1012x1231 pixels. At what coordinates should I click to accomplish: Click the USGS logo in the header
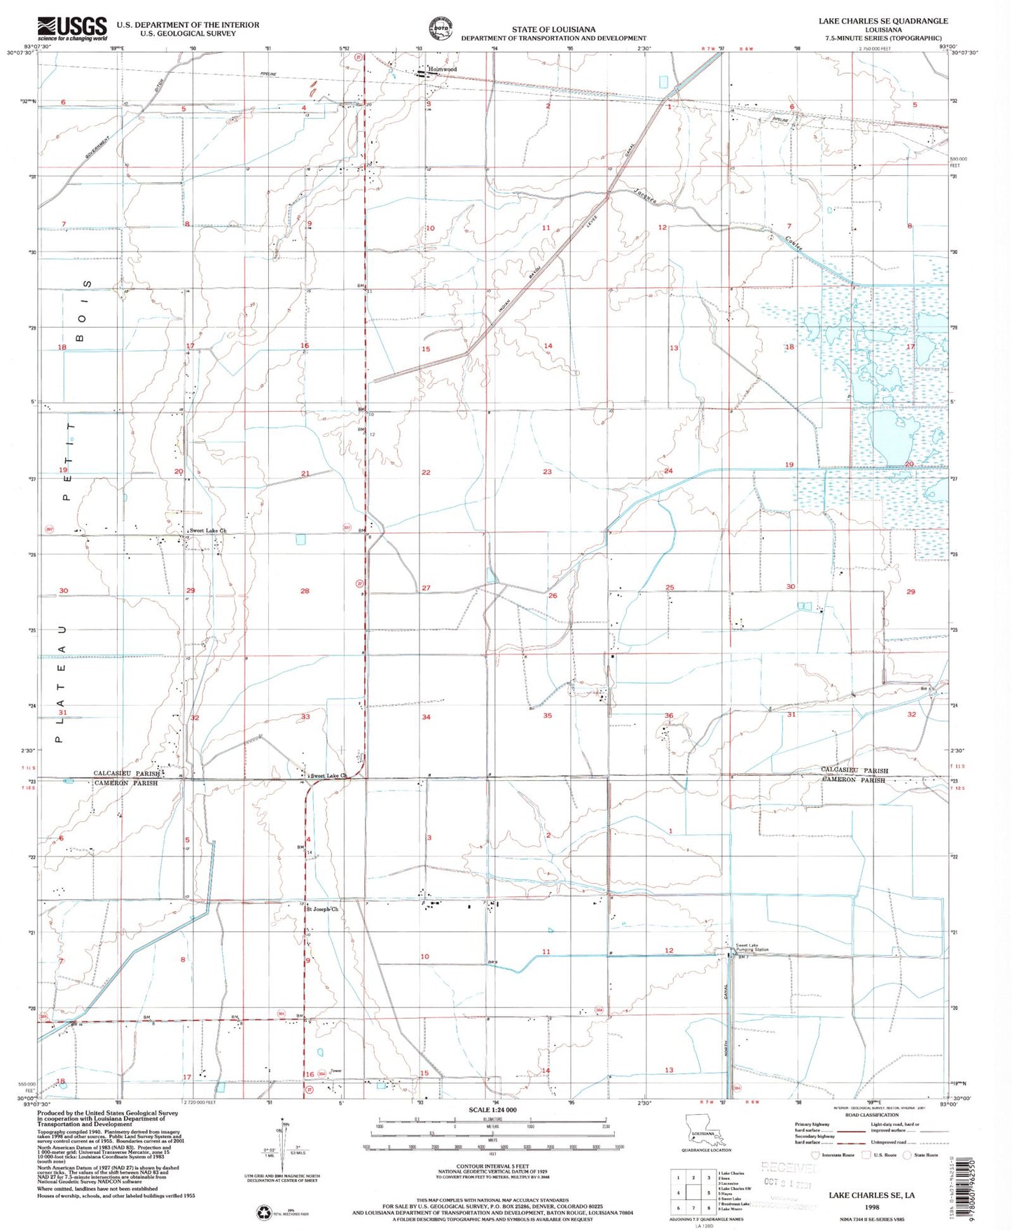pyautogui.click(x=71, y=29)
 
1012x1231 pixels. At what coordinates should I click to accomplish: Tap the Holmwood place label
pyautogui.click(x=443, y=69)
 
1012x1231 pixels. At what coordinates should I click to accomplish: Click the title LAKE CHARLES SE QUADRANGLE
pyautogui.click(x=882, y=21)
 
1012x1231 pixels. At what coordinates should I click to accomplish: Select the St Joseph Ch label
pyautogui.click(x=322, y=909)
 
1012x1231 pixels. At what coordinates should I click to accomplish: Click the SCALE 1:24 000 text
pyautogui.click(x=492, y=1110)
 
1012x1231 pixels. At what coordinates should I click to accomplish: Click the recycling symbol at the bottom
pyautogui.click(x=265, y=1211)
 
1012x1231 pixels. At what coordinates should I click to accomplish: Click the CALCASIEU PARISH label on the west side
pyautogui.click(x=126, y=774)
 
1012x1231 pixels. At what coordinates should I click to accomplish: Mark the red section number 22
pyautogui.click(x=426, y=472)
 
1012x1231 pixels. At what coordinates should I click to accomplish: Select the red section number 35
pyautogui.click(x=547, y=715)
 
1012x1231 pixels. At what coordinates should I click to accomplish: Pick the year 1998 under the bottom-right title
pyautogui.click(x=871, y=1207)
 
